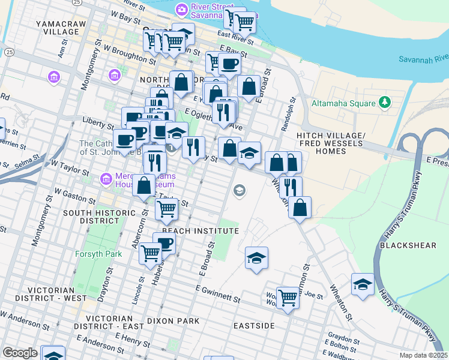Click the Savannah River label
click(424, 58)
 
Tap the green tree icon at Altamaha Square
click(385, 103)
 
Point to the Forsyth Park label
click(98, 254)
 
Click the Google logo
click(20, 353)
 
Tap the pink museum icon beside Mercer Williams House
click(106, 179)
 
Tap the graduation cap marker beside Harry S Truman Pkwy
click(363, 285)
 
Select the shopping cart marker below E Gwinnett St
click(288, 298)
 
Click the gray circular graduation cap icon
click(239, 191)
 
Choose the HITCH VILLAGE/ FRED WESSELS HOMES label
click(330, 143)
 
